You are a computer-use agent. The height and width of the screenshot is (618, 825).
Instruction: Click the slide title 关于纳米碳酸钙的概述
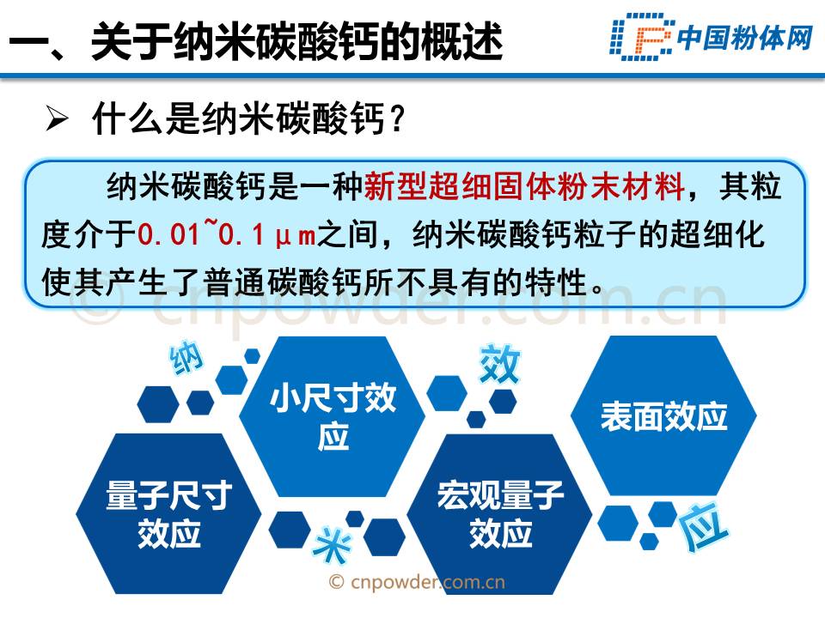(x=297, y=41)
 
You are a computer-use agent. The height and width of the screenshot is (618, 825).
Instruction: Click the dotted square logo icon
(x=641, y=37)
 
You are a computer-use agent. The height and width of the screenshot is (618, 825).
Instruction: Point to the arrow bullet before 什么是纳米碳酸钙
(x=57, y=118)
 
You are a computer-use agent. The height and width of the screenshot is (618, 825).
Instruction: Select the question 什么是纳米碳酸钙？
(x=249, y=118)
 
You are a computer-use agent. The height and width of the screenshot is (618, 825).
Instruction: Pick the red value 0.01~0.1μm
(x=227, y=233)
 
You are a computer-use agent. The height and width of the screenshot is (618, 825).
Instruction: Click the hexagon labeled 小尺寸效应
(x=332, y=416)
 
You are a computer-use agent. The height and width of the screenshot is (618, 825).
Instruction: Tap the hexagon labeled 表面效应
(x=663, y=415)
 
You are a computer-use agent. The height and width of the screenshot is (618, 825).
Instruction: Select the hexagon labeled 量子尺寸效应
(x=169, y=514)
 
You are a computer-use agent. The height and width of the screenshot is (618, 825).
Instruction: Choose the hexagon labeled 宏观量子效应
(x=500, y=514)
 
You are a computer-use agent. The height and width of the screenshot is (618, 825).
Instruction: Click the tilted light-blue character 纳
(x=186, y=358)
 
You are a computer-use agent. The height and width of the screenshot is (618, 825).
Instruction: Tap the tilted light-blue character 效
(x=499, y=363)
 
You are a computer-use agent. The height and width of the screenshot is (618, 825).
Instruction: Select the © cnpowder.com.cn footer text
(x=417, y=582)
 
